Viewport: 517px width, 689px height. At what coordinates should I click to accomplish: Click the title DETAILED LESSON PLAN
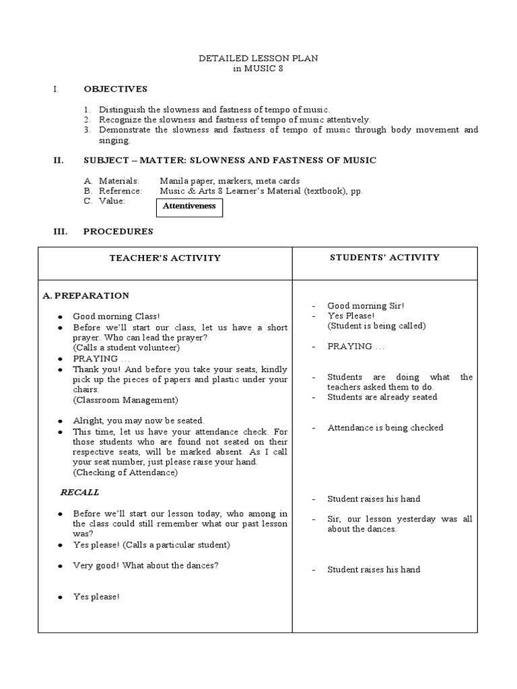tap(258, 59)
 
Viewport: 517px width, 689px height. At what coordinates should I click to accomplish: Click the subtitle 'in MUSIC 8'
tap(258, 69)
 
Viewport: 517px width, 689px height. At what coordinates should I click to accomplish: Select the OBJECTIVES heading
tap(115, 89)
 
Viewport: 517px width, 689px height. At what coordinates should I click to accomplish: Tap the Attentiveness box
tap(189, 207)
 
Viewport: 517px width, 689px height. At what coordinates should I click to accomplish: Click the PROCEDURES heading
tap(118, 231)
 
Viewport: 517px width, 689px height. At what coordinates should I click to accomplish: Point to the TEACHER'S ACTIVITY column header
tap(165, 258)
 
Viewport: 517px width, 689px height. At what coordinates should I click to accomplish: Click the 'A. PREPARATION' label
tap(85, 295)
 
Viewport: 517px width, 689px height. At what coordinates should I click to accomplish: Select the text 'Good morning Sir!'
tap(366, 305)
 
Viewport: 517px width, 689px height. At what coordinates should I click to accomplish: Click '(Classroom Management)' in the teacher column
tap(125, 400)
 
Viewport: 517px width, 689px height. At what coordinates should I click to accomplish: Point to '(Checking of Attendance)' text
tap(125, 472)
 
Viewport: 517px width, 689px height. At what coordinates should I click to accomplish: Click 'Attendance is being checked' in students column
tap(385, 427)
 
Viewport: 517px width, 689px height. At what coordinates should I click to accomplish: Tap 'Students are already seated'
tap(382, 397)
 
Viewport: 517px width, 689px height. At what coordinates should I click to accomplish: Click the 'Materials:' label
tap(118, 181)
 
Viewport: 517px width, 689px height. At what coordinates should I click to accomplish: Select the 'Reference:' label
tap(120, 191)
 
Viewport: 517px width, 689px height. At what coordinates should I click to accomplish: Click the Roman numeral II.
tap(59, 160)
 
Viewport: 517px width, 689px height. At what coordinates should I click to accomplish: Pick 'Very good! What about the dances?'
tap(145, 566)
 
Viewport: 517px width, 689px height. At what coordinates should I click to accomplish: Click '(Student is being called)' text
tap(376, 326)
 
